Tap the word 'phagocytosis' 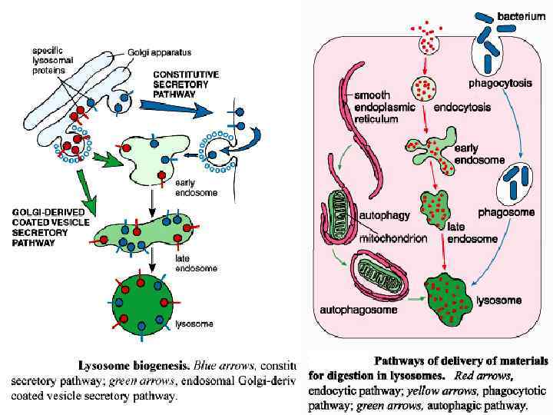tap(500, 83)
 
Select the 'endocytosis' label tap(462, 108)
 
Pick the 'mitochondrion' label tap(393, 239)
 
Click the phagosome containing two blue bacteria tap(516, 182)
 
